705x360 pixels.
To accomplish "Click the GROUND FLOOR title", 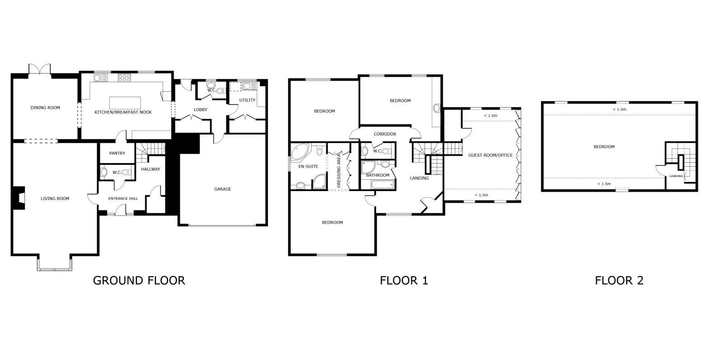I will tap(139, 281).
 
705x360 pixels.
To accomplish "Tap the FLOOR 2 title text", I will tap(619, 281).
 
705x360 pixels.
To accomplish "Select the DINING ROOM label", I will tap(45, 108).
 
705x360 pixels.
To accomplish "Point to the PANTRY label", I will tap(117, 154).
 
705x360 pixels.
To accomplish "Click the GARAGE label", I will tap(222, 189).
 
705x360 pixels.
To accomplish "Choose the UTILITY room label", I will tap(247, 100).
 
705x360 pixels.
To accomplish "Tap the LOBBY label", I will tap(201, 110).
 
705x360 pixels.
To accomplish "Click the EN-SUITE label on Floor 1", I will tap(308, 167).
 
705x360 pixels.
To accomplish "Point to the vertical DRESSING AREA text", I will tap(339, 171).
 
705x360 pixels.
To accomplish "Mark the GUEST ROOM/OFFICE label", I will tap(490, 155).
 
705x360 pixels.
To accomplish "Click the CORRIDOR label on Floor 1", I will tap(385, 134).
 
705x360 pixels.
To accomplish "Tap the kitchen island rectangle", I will tap(125, 103).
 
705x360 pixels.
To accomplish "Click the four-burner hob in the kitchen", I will tap(124, 78).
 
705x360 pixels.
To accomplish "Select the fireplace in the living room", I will tap(19, 198).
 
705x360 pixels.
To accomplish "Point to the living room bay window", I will tap(54, 264).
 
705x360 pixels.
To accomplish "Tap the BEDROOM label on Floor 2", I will tap(604, 147).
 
